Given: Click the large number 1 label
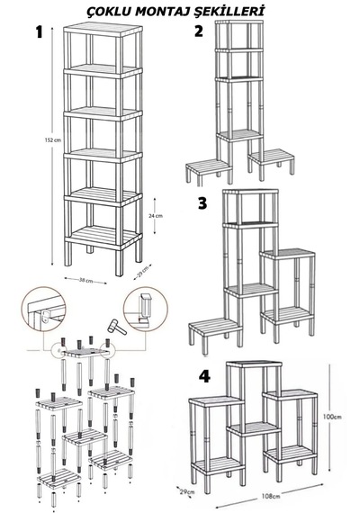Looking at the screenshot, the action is click(40, 32).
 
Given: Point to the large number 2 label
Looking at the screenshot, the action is click(199, 31).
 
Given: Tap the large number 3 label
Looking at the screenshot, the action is click(202, 203).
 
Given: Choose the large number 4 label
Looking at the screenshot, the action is click(204, 376).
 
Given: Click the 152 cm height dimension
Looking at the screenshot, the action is click(53, 140).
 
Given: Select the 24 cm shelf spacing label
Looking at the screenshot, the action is click(156, 216).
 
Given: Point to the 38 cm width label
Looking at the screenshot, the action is click(86, 281).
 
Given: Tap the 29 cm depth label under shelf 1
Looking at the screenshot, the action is click(143, 272).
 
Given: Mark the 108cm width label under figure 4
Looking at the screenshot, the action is click(271, 496).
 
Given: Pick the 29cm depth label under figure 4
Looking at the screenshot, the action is click(188, 491).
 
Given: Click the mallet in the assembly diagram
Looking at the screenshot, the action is click(117, 327).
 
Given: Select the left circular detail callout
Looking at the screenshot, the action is click(43, 310).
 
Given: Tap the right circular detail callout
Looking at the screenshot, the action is click(146, 310).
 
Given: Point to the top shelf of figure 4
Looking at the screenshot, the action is click(254, 364).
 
